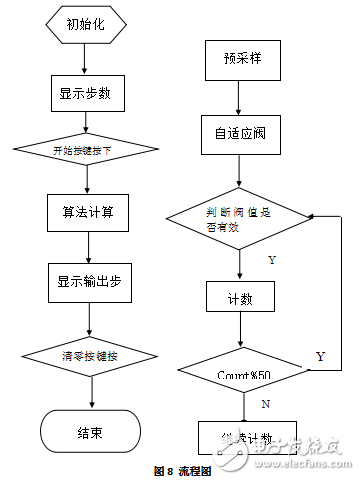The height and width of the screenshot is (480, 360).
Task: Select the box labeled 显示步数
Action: point(85,94)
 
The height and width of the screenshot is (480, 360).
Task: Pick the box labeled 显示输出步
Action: point(88,281)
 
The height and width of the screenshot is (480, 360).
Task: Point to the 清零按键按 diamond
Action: point(90,355)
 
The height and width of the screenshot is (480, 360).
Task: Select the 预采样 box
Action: point(235,59)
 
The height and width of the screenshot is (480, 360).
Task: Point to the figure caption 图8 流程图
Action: point(181,470)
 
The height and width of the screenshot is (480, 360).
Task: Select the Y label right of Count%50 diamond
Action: point(320,356)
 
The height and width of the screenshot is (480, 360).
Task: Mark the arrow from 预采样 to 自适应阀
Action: point(237,97)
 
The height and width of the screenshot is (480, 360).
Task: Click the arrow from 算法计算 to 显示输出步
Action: point(89,246)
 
